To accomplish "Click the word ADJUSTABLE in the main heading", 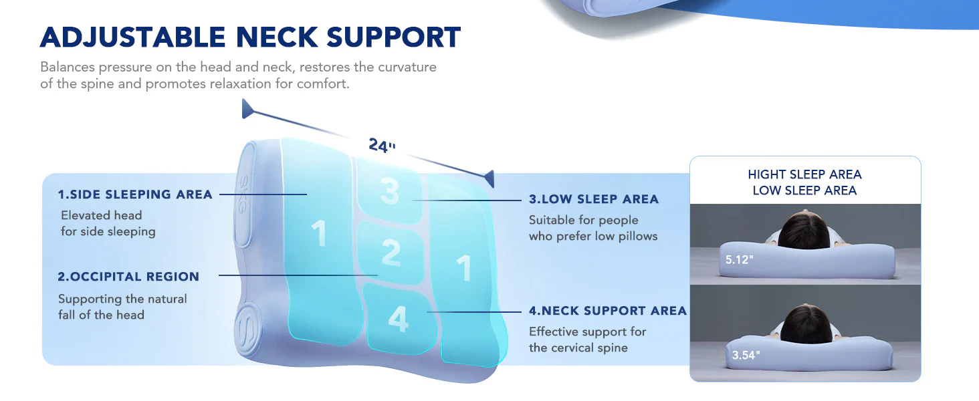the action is (x=133, y=37).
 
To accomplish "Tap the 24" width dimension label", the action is (x=382, y=145).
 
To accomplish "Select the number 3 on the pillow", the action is (x=390, y=191).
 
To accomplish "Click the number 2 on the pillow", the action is (x=391, y=253).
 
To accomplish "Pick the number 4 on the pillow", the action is (x=398, y=319).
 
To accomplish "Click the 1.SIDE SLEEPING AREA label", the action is (x=135, y=194).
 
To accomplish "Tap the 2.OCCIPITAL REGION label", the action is (x=128, y=277).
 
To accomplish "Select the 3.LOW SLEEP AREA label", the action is (x=594, y=199).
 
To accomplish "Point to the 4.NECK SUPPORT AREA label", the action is (x=608, y=311).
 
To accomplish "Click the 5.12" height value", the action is (x=740, y=260).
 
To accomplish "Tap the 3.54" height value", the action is (x=746, y=355).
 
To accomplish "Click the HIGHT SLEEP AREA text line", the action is (x=804, y=174).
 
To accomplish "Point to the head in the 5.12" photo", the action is (x=804, y=229).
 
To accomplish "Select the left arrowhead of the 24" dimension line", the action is (x=247, y=109).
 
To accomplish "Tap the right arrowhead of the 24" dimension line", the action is (x=490, y=178).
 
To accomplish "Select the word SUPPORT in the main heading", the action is (x=393, y=37).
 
